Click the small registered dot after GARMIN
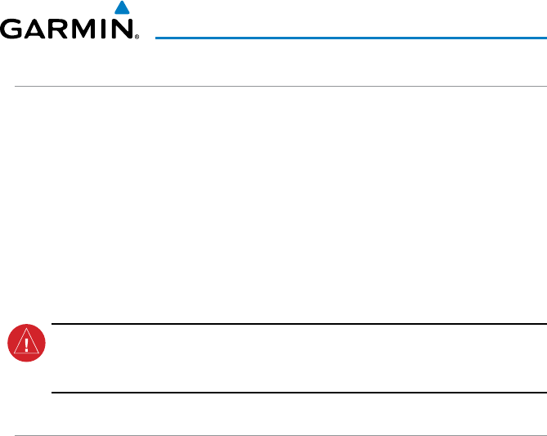pos(136,38)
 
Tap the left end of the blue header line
pos(157,37)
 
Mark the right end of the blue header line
pos(545,37)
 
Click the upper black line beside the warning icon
pos(298,323)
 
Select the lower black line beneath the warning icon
pos(298,393)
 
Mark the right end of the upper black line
pos(545,323)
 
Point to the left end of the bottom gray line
pos(15,434)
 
